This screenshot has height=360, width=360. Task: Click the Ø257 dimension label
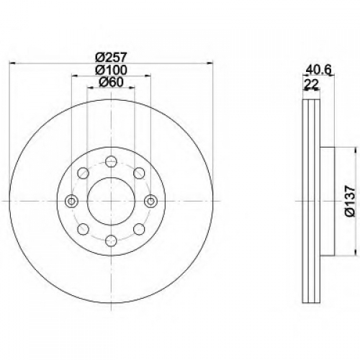[111, 58]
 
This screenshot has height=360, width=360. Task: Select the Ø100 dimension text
[111, 70]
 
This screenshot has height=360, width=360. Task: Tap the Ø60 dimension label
[111, 82]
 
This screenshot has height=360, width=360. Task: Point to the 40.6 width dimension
[319, 70]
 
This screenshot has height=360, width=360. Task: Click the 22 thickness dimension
[311, 84]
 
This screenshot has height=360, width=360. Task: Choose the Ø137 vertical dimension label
[350, 201]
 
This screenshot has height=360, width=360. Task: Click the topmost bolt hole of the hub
[111, 161]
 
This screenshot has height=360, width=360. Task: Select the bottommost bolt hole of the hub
[111, 240]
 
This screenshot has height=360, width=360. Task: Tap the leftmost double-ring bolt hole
[71, 201]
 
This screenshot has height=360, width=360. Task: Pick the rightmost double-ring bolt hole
[151, 201]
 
